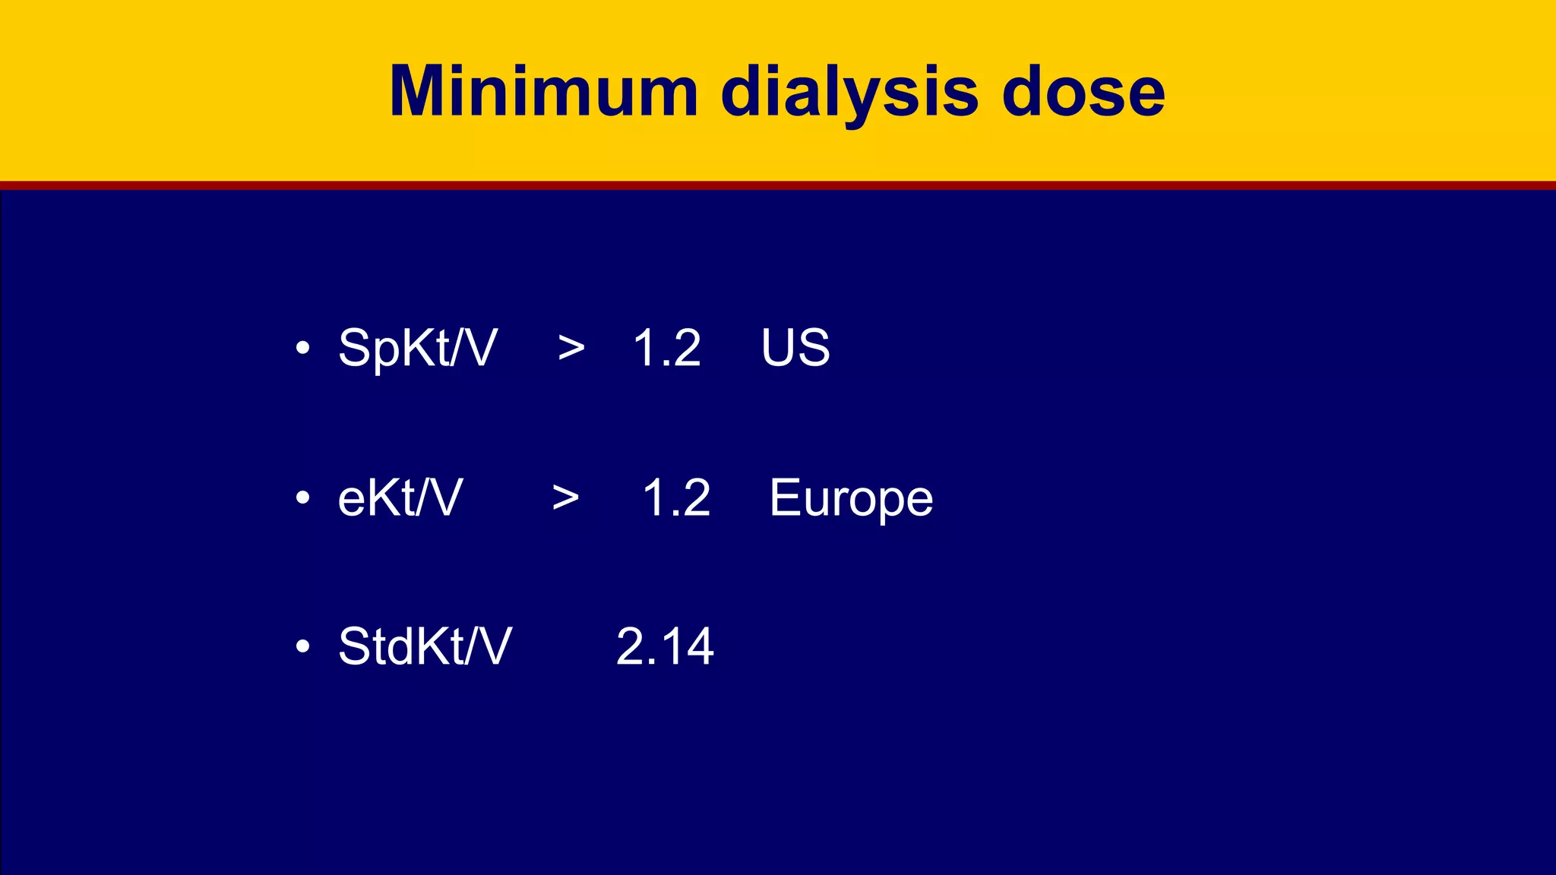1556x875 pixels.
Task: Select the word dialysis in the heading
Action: click(849, 93)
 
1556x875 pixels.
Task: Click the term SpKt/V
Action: click(418, 348)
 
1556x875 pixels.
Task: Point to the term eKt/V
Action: click(400, 498)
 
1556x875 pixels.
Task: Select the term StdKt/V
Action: click(425, 647)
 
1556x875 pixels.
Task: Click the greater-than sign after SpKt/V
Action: click(571, 349)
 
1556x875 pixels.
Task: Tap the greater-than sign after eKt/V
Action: click(565, 498)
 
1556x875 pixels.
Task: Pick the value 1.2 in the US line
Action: click(667, 348)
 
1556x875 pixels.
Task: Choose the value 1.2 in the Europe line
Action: click(676, 498)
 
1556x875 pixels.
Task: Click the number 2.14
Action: click(665, 647)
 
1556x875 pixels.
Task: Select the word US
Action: click(795, 348)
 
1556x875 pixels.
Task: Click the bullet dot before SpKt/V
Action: click(303, 349)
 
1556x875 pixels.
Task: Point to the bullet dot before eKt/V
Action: click(303, 498)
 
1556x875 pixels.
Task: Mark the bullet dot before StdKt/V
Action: click(303, 647)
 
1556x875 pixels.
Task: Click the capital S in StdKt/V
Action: click(355, 647)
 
